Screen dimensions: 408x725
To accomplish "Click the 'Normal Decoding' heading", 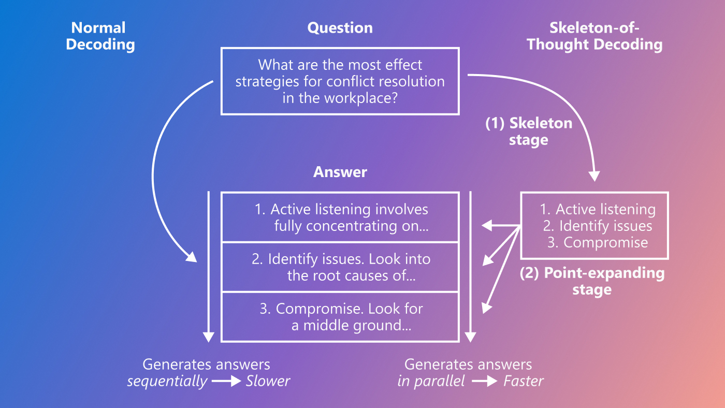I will (x=100, y=36).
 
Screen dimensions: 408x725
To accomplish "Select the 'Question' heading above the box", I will (x=340, y=28).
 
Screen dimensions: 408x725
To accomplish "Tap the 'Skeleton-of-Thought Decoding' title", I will (x=594, y=36).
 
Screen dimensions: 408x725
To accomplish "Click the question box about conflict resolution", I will (x=340, y=81).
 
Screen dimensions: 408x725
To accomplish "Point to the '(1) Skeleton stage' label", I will (x=528, y=132).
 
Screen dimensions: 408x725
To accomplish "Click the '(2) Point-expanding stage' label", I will (x=592, y=281).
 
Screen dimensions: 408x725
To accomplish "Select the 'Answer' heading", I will (x=340, y=172).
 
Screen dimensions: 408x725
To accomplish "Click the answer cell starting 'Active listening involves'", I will (x=340, y=217).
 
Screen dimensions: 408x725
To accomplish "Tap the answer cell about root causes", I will (x=340, y=267).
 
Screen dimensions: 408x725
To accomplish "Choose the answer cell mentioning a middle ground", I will (x=340, y=317).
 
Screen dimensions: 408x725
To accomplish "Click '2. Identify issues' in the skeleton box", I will (x=598, y=226).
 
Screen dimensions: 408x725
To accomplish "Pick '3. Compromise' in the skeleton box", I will (x=598, y=243).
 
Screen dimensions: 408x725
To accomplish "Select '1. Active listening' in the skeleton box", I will (x=598, y=210).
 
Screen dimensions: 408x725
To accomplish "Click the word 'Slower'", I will (x=268, y=382).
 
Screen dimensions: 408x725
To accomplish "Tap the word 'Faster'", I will (x=523, y=382).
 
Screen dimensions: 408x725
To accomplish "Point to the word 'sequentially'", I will (x=167, y=382).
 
